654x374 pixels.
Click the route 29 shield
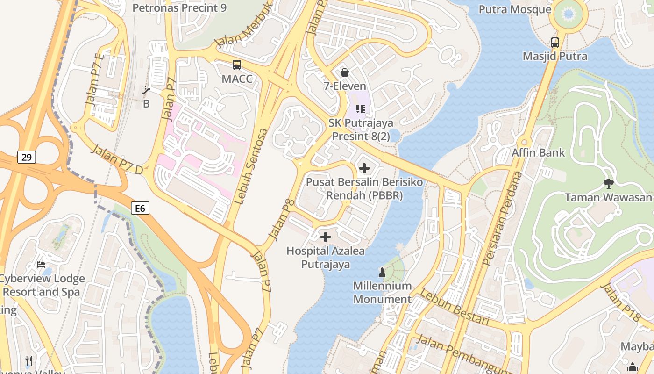point(27,157)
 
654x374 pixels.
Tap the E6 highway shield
point(140,208)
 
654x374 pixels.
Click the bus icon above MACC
point(237,65)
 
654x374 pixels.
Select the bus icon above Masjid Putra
point(555,43)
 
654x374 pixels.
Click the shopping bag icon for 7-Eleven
point(345,72)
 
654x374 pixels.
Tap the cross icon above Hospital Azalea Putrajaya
point(326,237)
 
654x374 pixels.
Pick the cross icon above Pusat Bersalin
point(364,168)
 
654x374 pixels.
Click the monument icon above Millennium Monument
point(382,272)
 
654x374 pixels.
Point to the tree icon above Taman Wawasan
point(608,183)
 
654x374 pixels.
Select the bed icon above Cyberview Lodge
point(41,265)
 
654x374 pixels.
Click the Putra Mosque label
point(515,9)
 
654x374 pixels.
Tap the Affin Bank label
point(538,152)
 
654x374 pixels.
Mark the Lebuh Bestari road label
point(454,307)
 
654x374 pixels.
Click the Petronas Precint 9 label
point(180,8)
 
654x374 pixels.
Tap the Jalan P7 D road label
point(117,160)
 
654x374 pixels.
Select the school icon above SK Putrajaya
point(360,109)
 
